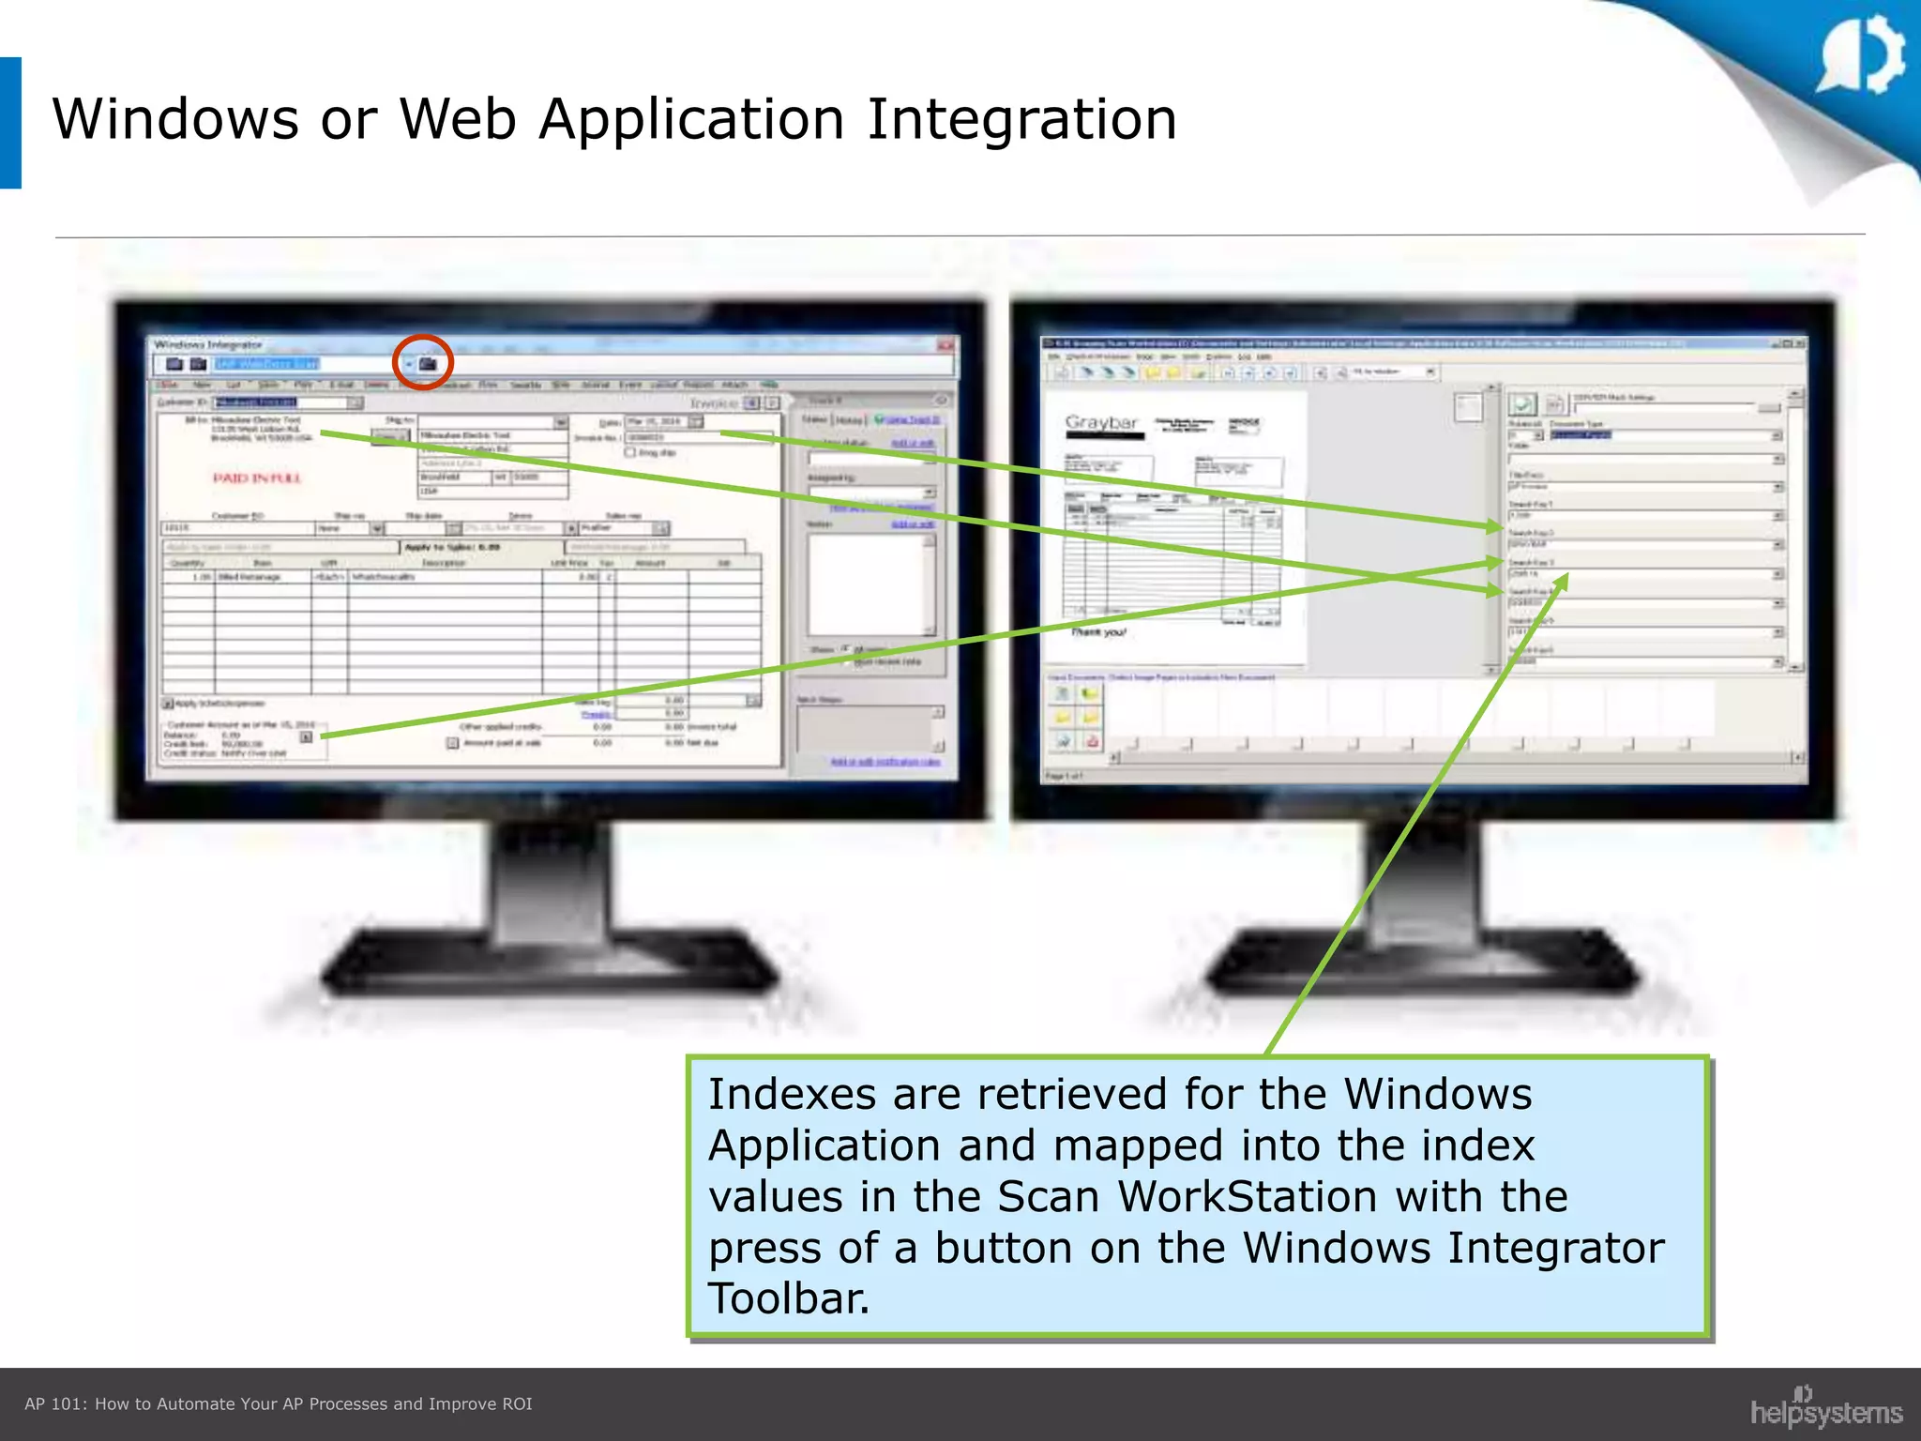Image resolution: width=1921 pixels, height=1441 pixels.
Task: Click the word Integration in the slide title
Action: click(1021, 120)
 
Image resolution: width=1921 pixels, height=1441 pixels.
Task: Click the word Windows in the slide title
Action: click(175, 120)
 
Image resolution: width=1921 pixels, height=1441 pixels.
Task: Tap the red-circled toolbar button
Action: click(427, 363)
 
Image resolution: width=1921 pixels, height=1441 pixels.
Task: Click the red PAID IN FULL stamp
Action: click(256, 478)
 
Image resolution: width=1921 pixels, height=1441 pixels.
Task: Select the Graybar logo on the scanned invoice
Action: click(1102, 423)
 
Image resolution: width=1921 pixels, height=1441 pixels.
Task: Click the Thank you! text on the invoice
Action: click(1098, 632)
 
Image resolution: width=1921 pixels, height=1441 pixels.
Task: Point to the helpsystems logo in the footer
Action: click(1825, 1410)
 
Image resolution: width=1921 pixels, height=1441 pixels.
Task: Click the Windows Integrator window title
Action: click(208, 345)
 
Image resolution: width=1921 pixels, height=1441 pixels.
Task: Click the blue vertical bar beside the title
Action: click(10, 123)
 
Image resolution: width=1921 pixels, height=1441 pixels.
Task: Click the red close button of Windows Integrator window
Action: click(945, 345)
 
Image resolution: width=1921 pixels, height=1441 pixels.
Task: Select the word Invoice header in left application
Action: click(714, 402)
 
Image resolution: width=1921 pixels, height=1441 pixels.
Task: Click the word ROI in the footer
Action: click(517, 1404)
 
